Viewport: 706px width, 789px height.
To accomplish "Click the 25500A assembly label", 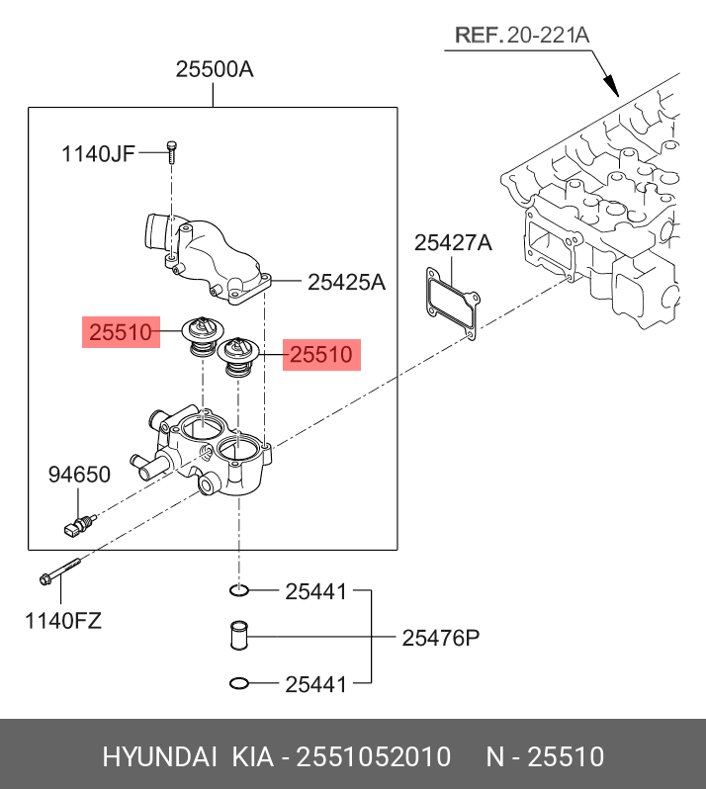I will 215,70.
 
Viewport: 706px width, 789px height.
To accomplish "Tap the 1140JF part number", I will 98,153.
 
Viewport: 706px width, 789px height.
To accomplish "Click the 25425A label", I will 346,283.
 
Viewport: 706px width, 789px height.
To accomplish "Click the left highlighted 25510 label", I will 121,333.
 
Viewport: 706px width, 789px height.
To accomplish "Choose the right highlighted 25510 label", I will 321,354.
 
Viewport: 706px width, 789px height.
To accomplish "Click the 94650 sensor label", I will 79,476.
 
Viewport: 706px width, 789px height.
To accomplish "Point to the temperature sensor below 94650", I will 76,525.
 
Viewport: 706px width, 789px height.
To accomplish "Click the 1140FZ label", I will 63,622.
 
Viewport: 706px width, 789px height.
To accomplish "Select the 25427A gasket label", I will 453,243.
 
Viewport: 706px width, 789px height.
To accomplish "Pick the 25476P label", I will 440,638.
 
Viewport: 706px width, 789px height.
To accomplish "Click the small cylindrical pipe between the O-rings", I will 238,636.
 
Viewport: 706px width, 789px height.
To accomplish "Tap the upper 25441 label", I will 315,592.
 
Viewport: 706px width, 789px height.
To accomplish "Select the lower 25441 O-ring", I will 238,682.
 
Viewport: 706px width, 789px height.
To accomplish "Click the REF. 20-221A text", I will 522,37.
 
